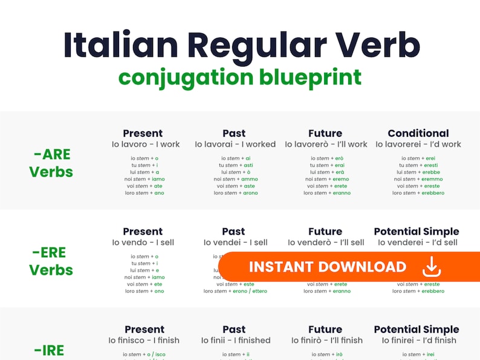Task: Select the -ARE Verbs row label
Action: coord(51,163)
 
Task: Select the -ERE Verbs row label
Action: coord(51,261)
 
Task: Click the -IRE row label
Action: coord(49,350)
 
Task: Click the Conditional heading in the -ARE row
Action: coord(418,133)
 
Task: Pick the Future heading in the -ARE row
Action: coord(325,133)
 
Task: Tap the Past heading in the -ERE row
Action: coord(233,231)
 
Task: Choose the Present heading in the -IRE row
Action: coord(144,329)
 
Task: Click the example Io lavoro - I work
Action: coord(146,145)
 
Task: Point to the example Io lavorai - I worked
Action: coord(235,145)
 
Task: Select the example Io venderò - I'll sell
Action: coord(326,243)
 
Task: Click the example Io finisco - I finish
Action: coord(144,341)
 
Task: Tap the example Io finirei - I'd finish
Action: coord(419,341)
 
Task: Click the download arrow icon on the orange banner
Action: coord(432,267)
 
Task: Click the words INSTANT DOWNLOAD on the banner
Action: coord(328,267)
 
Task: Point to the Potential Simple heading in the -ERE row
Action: coord(417,231)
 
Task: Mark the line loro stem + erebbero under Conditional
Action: coord(418,193)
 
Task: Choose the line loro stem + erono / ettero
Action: coord(235,291)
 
